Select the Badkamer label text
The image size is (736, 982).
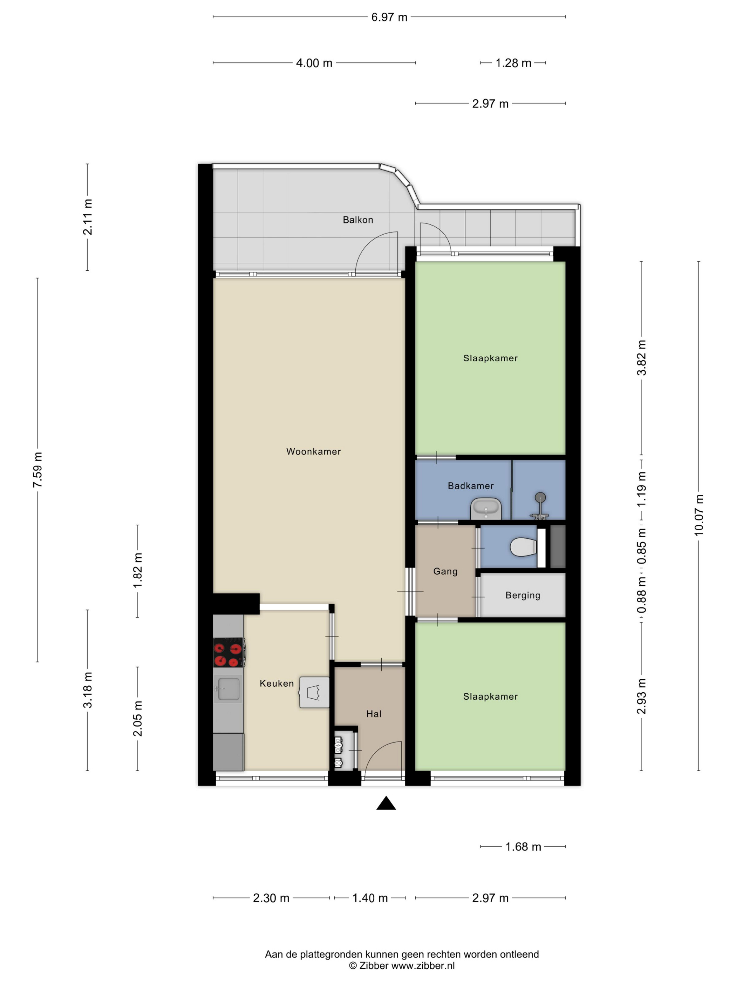point(470,486)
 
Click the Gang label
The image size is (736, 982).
point(445,571)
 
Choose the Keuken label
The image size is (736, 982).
point(277,683)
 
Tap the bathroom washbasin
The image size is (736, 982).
point(486,509)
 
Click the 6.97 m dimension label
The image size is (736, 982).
point(389,17)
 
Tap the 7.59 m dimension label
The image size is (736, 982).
point(37,470)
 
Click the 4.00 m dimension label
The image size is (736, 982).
point(314,63)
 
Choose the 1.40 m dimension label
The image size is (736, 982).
point(370,898)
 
